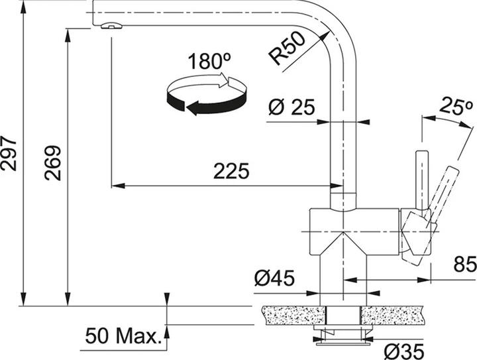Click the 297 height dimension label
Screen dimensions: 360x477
point(9,154)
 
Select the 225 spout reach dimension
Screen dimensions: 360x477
point(231,172)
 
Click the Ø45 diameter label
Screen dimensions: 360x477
point(274,280)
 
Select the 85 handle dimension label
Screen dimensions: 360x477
point(463,265)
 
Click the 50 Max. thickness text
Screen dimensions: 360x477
point(123,336)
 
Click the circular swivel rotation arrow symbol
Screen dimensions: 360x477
point(205,96)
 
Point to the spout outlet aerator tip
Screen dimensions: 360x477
point(111,26)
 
